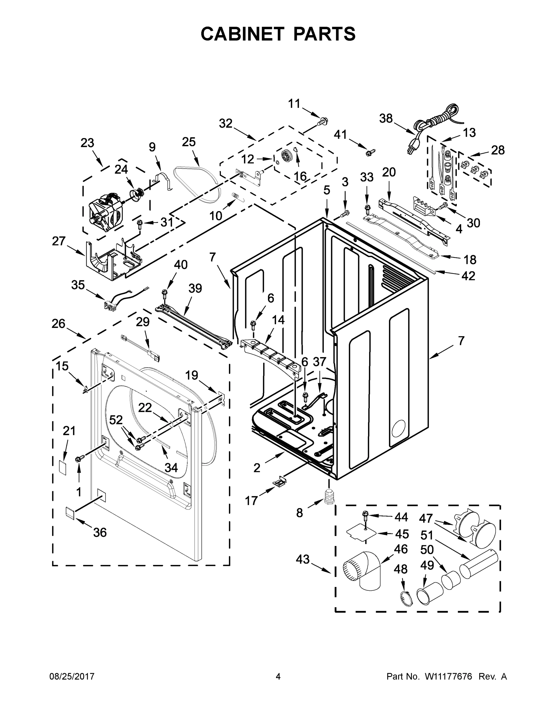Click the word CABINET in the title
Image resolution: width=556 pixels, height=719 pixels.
tap(242, 34)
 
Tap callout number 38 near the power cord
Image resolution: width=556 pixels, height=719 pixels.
tap(386, 118)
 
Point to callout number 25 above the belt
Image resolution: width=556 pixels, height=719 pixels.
tap(189, 142)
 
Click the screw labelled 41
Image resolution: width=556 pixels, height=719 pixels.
tap(369, 152)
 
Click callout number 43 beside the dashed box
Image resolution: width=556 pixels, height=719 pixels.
tap(303, 559)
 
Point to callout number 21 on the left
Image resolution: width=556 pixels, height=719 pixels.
tap(69, 431)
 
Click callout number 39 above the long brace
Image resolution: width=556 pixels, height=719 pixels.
tap(195, 288)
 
